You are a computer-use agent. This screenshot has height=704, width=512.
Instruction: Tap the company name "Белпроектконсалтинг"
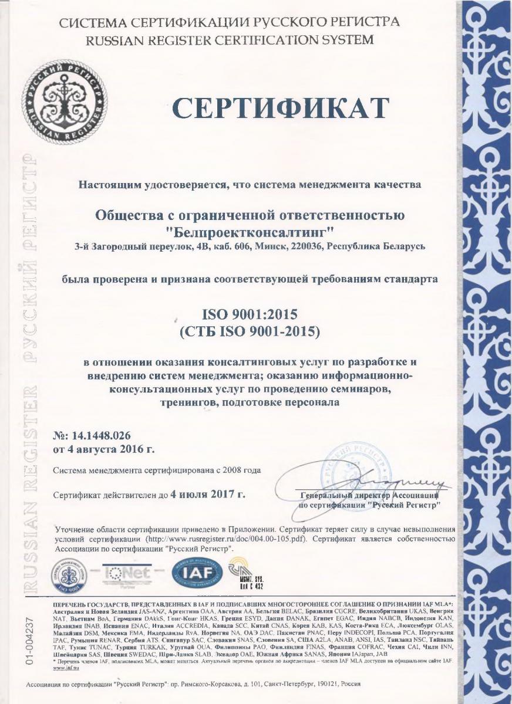(x=250, y=229)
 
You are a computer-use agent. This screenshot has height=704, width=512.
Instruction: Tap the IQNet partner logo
(x=133, y=572)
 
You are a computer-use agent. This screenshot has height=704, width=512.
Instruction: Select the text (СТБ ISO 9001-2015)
(x=250, y=333)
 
